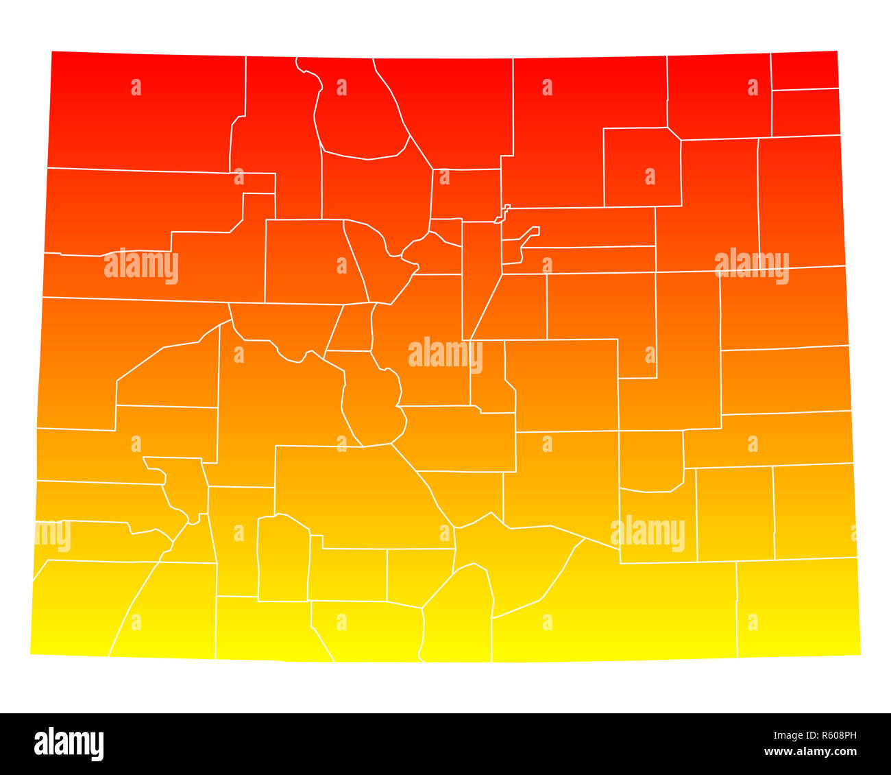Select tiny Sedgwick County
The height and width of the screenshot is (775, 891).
[804, 70]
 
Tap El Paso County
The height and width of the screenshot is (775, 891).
[562, 384]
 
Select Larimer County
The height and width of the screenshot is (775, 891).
[445, 110]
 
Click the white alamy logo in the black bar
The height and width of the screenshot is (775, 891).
[69, 744]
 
